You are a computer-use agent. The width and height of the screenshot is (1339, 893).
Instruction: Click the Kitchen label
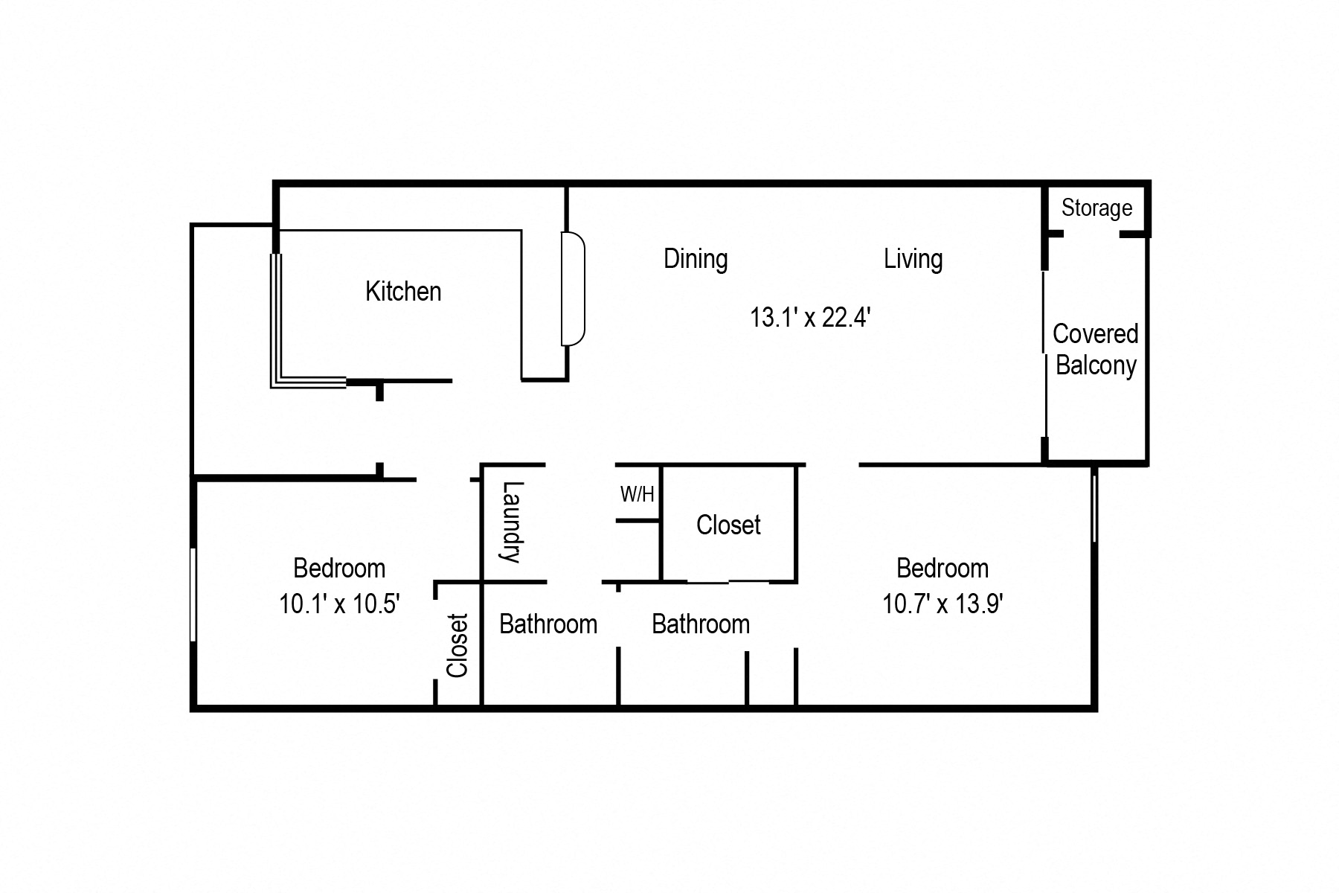click(x=403, y=291)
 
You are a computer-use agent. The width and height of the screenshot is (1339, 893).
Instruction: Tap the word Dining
click(x=696, y=259)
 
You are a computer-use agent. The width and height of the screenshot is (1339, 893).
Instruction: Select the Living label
click(x=913, y=259)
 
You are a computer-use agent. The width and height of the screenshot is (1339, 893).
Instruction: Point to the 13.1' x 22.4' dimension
click(x=809, y=318)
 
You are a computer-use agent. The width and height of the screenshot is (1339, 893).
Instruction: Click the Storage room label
click(x=1096, y=208)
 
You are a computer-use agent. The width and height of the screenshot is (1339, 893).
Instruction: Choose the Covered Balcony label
click(x=1095, y=350)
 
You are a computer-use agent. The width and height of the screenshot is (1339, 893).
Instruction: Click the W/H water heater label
click(x=637, y=494)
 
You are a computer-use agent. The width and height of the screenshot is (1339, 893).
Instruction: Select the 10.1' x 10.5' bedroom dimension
click(x=339, y=603)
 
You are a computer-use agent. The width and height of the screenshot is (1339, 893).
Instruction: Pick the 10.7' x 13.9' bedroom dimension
click(x=943, y=603)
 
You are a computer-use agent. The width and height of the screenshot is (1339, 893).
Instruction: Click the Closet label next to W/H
click(x=728, y=525)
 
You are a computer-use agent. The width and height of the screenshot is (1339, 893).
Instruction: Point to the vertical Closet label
click(x=457, y=645)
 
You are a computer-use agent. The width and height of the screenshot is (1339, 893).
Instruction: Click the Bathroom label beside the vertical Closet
click(x=548, y=624)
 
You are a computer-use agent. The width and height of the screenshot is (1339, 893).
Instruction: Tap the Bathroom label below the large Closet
click(x=701, y=624)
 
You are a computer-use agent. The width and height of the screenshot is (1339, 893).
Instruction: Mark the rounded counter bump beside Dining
click(x=574, y=289)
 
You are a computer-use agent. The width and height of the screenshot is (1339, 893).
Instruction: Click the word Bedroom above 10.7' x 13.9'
click(x=943, y=569)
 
